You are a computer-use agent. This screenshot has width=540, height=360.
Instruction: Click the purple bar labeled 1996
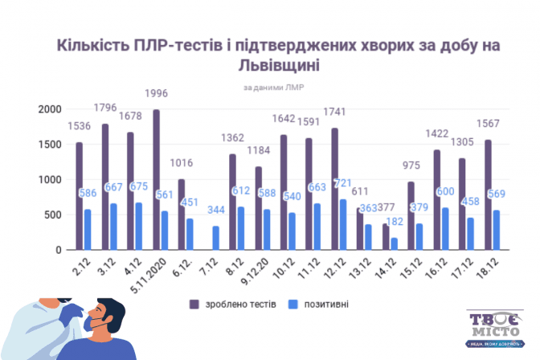[156, 180]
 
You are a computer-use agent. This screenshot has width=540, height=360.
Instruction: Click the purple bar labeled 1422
[436, 200]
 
